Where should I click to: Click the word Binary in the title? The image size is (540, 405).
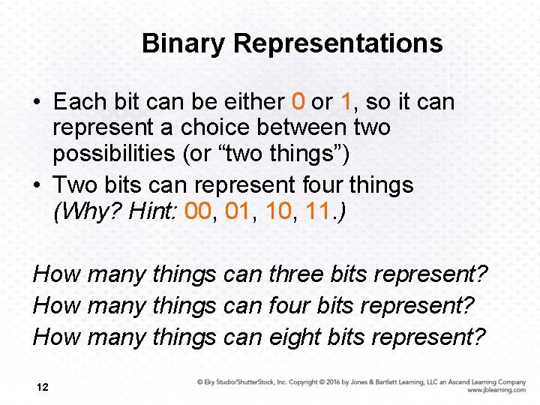coord(184,43)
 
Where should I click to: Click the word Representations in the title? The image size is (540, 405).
coord(337,43)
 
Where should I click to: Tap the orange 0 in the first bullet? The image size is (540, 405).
coord(298,101)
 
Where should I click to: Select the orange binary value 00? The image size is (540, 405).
coord(197,211)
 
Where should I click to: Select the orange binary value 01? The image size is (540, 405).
coord(238,211)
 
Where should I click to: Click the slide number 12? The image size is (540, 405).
coord(42,387)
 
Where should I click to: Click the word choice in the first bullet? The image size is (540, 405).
coord(189,127)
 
